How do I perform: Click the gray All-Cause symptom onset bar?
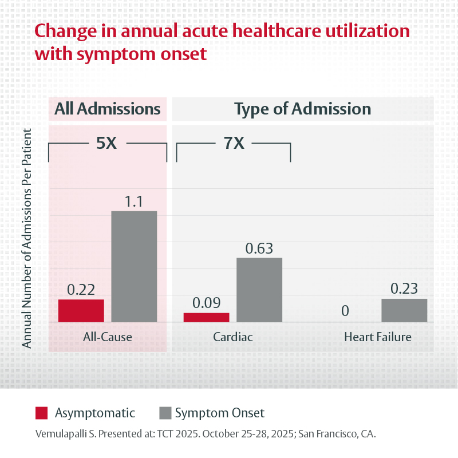[134, 266]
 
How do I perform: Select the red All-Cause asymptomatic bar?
[81, 310]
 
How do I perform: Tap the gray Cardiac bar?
[259, 290]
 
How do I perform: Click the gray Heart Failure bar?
[404, 310]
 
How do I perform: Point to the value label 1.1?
[134, 202]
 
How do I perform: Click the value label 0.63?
[259, 248]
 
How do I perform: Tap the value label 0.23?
[404, 289]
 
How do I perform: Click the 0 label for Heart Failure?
[345, 311]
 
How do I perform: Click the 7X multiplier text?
[234, 143]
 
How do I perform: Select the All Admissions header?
[107, 109]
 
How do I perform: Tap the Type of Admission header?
[303, 109]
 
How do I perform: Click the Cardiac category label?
[233, 337]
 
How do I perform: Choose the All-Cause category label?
[108, 337]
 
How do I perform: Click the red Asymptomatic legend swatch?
[42, 413]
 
